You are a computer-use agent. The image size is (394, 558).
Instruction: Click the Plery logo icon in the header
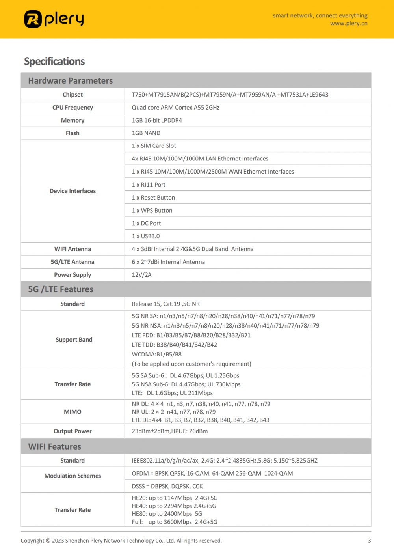(x=33, y=19)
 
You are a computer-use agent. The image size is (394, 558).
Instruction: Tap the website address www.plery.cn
(x=349, y=23)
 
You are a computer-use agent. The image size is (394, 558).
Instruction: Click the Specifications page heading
(x=54, y=62)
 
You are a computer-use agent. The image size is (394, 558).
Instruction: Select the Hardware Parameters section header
(x=71, y=81)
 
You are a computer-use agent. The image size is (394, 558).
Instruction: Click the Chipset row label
(x=72, y=95)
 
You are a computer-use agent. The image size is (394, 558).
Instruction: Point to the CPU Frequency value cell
(x=176, y=108)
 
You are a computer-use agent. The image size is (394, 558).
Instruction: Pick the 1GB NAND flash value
(x=146, y=133)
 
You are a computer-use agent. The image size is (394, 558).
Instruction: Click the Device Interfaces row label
(x=72, y=191)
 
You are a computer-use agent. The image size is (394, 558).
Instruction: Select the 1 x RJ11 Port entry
(x=149, y=185)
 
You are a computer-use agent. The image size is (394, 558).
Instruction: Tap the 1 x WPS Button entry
(x=152, y=211)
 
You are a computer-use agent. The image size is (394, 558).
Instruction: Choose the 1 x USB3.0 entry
(x=146, y=236)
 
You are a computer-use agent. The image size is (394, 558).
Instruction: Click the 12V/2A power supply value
(x=141, y=275)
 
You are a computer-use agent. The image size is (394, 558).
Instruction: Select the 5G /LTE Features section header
(x=61, y=289)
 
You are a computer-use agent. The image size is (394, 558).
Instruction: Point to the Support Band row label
(x=74, y=340)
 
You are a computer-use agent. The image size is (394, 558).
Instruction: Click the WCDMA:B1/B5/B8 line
(x=157, y=355)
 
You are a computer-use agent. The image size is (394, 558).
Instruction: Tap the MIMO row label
(x=72, y=412)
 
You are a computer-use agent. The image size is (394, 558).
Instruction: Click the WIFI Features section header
(x=55, y=447)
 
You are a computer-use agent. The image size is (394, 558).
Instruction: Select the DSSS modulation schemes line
(x=167, y=487)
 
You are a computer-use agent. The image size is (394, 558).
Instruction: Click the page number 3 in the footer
(x=369, y=541)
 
